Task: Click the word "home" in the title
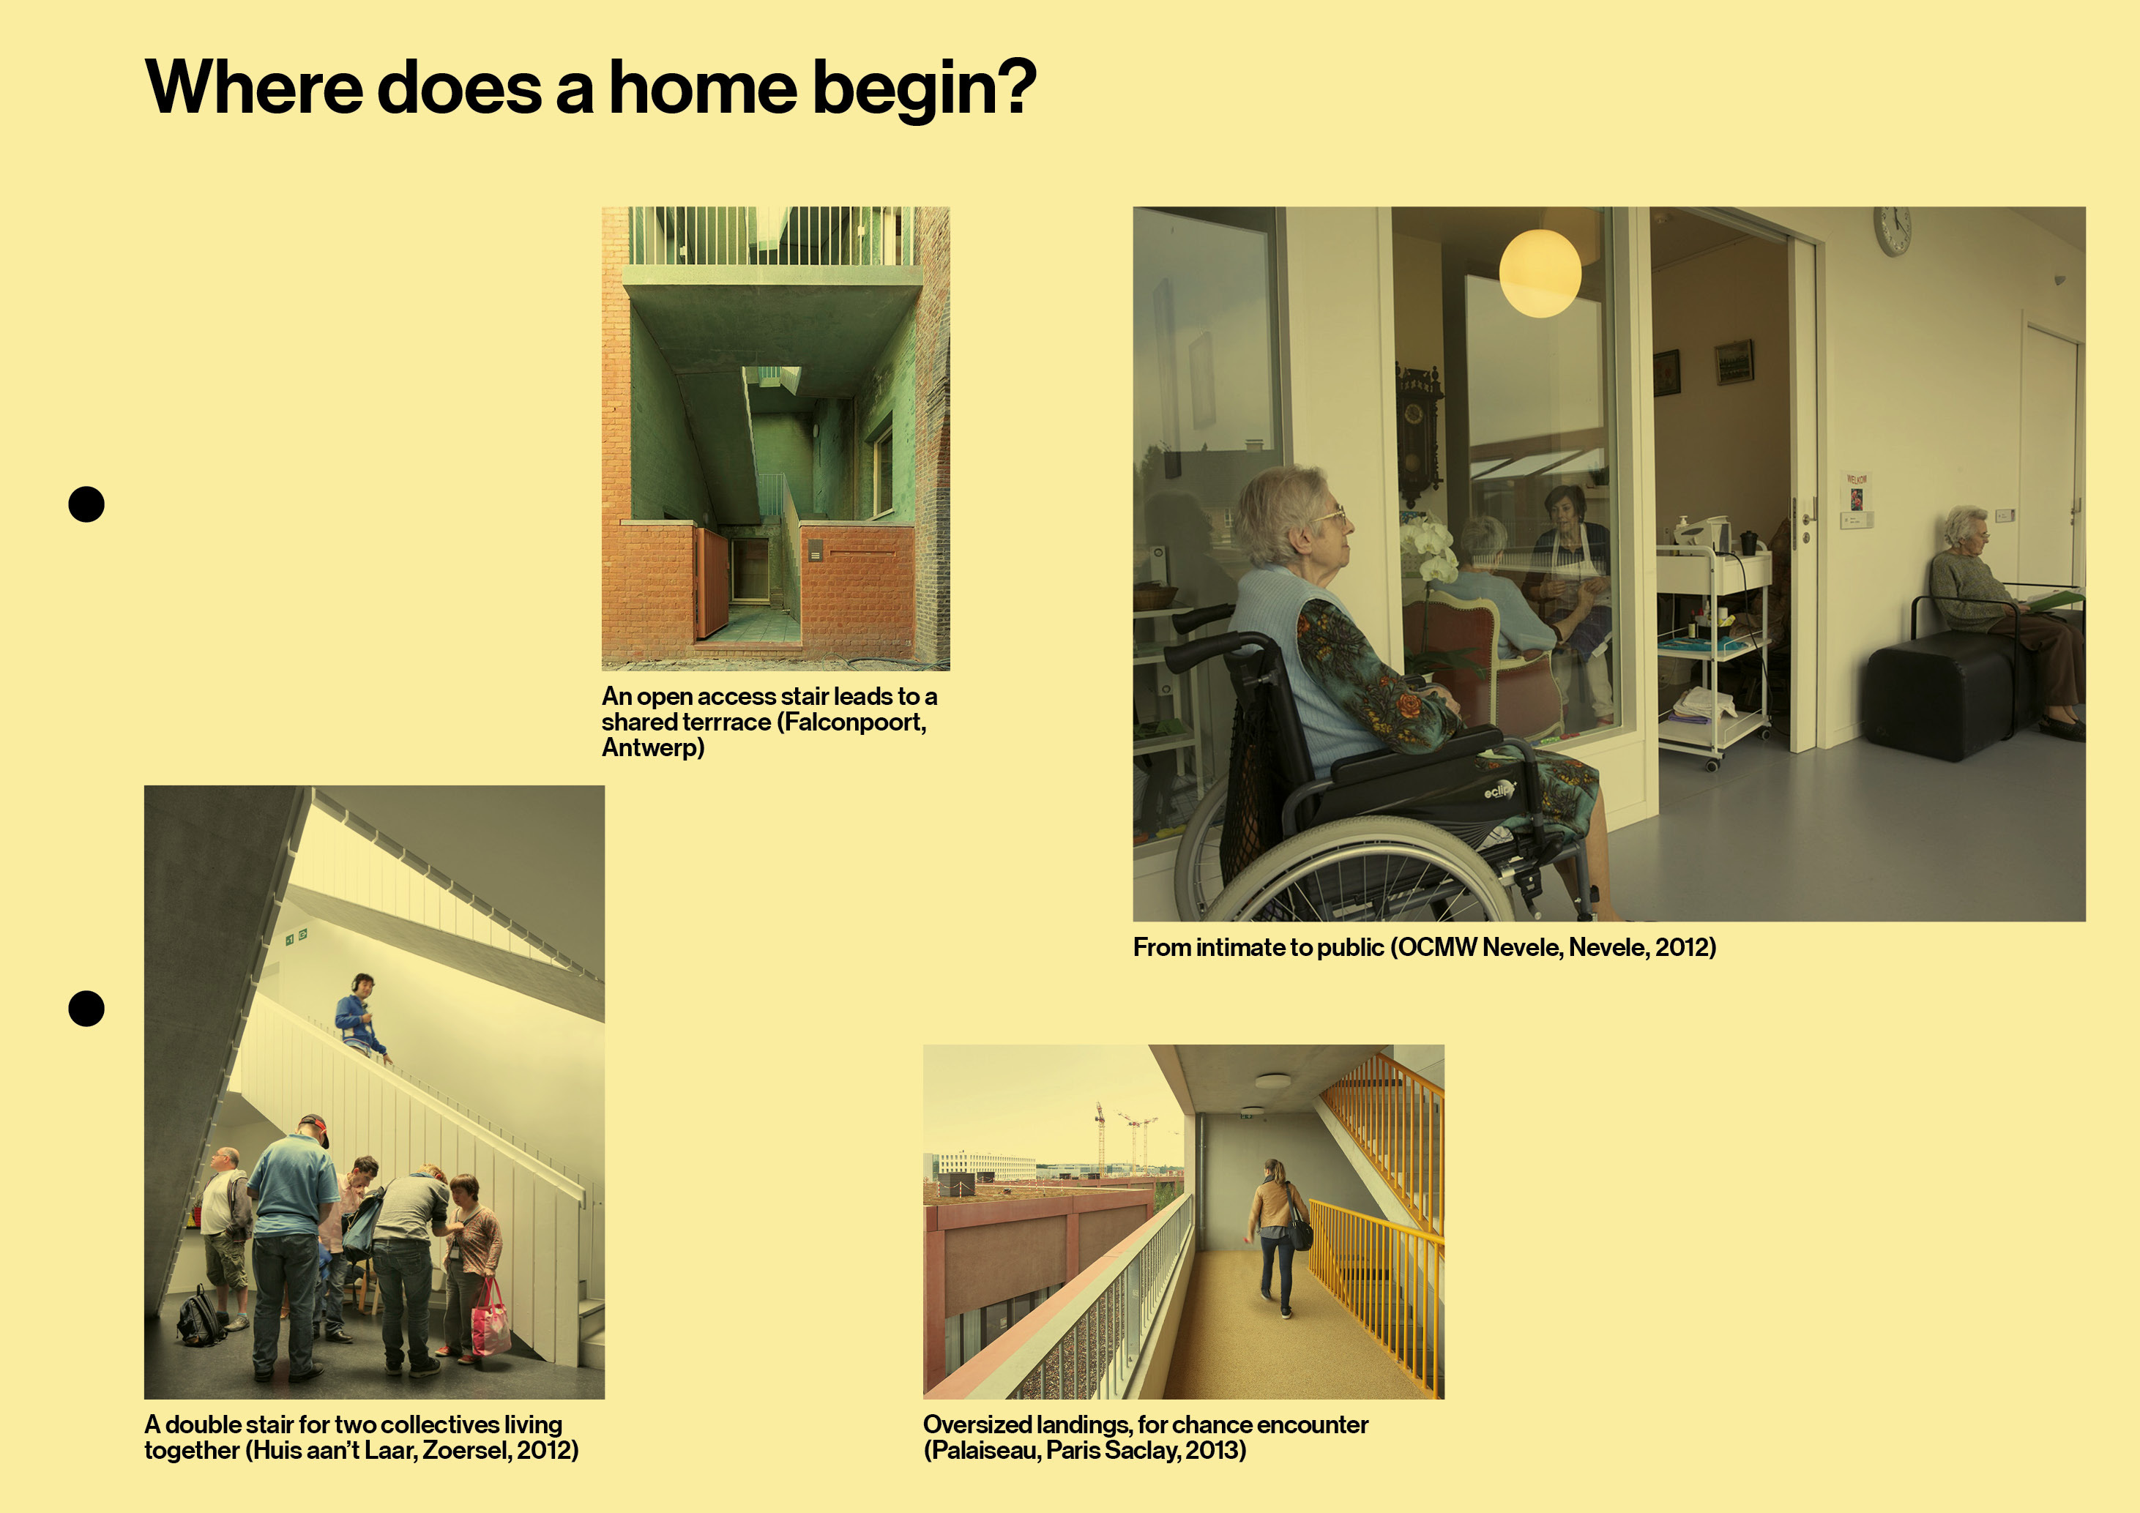coord(704,88)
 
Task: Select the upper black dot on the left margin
coord(86,504)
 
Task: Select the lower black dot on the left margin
coord(86,1008)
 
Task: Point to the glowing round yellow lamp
coord(1540,273)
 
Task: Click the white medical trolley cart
coord(1713,652)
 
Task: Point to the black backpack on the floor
coord(201,1315)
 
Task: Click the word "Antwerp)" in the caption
coord(653,747)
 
